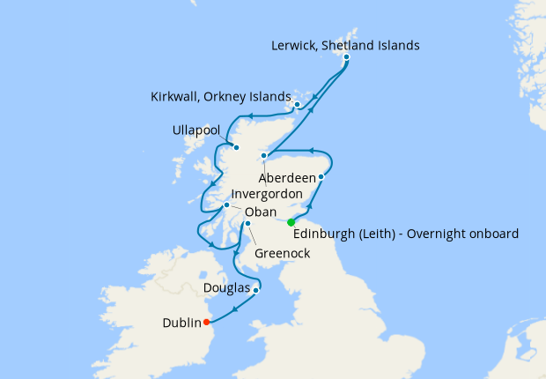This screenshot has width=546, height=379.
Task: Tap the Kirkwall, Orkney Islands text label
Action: tap(221, 96)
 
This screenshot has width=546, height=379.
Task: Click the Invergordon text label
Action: tap(267, 194)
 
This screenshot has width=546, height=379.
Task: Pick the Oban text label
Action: tap(261, 212)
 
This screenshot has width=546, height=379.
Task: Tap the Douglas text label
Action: tap(226, 288)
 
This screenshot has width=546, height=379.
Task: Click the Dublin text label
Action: tap(181, 323)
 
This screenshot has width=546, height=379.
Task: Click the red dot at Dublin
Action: tap(206, 322)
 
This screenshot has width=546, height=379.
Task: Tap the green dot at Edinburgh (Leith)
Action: tap(291, 222)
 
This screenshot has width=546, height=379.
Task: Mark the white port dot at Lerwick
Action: tap(347, 57)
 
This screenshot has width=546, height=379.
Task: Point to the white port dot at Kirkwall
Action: tap(298, 105)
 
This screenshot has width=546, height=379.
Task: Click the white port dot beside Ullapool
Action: tap(235, 147)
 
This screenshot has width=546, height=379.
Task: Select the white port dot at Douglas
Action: tap(255, 290)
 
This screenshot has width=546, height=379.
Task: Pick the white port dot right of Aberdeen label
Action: tap(321, 177)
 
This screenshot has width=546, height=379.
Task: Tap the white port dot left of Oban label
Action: tap(227, 205)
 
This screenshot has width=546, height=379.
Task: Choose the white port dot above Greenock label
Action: tap(248, 223)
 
